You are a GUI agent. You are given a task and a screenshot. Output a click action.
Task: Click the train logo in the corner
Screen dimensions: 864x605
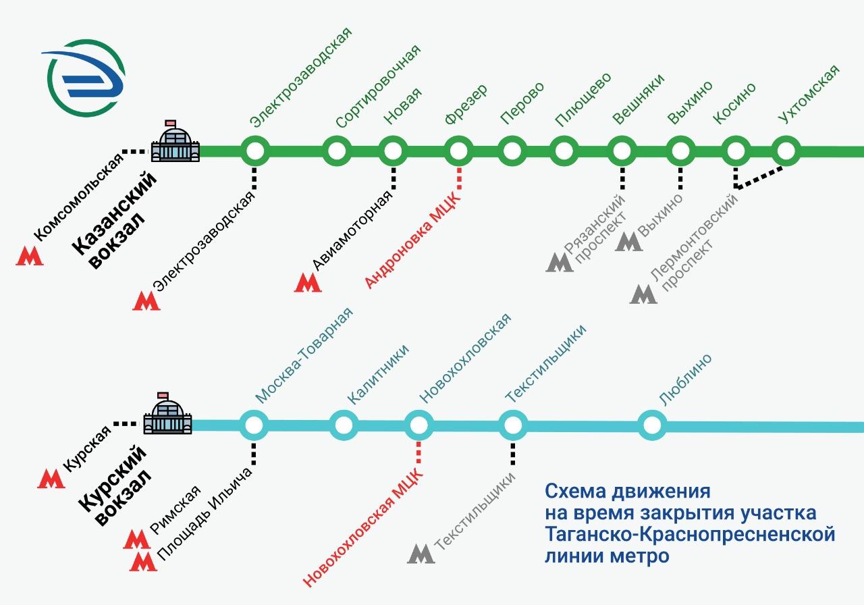[84, 78]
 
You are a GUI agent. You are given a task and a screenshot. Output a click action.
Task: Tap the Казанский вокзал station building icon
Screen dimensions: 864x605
[175, 141]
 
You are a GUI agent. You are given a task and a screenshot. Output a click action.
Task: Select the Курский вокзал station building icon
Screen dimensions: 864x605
[168, 414]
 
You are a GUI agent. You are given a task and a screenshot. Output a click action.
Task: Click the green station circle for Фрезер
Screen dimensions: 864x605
[458, 151]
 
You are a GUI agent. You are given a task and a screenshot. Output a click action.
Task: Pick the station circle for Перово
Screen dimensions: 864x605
[512, 151]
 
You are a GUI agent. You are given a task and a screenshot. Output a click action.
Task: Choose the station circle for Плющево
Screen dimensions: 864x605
[564, 151]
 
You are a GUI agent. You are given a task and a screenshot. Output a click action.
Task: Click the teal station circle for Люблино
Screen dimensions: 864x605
[652, 425]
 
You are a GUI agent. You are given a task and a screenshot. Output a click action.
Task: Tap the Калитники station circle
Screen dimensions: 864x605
[344, 425]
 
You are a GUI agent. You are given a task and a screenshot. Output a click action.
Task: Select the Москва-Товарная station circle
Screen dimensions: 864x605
[254, 425]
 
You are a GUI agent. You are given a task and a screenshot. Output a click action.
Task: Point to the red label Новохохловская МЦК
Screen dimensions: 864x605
[363, 527]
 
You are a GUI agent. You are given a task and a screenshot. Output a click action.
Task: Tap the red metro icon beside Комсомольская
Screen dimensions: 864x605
[30, 256]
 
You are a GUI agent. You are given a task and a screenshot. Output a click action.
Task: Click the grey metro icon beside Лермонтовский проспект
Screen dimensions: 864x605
[643, 294]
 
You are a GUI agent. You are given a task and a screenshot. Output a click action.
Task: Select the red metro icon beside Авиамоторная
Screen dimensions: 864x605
[308, 282]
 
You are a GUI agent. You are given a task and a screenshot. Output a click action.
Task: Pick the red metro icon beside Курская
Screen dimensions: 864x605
[51, 479]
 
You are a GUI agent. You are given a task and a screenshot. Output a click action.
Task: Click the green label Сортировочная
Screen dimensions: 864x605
[379, 86]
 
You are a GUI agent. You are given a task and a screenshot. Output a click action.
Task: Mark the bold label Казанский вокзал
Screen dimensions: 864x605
[115, 220]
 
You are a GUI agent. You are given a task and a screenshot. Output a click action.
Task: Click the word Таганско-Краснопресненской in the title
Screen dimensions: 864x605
[690, 535]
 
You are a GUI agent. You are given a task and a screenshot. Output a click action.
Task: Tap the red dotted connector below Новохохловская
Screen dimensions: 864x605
[418, 452]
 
